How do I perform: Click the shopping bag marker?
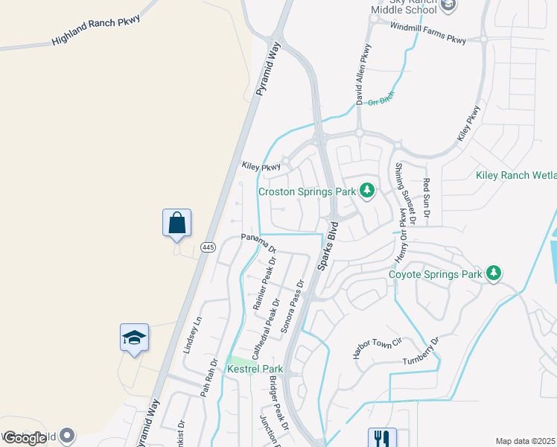pyautogui.click(x=176, y=223)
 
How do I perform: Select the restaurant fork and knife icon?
pyautogui.click(x=382, y=437)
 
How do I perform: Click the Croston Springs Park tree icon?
pyautogui.click(x=366, y=191)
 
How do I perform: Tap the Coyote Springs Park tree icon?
pyautogui.click(x=493, y=274)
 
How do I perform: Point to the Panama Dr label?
pyautogui.click(x=258, y=242)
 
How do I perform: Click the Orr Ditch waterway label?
pyautogui.click(x=381, y=98)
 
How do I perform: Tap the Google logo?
pyautogui.click(x=25, y=437)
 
